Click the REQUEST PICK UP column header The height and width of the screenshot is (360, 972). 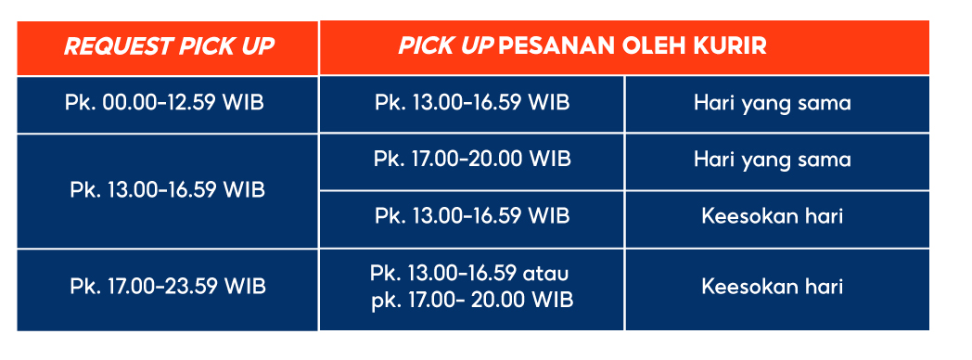coord(169,46)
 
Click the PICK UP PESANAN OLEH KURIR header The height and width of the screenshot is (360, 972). coord(582,46)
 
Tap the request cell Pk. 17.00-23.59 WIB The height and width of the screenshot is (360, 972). coord(168,287)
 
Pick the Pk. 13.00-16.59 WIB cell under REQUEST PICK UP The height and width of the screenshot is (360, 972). coord(168,190)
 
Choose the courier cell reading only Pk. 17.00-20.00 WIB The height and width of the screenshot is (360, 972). coord(472,160)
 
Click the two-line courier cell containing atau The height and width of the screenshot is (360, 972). coord(472,287)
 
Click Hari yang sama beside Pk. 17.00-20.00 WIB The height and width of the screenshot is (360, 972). coord(772,160)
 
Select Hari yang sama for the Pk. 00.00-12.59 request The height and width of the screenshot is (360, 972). coord(772,102)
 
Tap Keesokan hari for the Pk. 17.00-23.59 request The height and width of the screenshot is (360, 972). coord(772,287)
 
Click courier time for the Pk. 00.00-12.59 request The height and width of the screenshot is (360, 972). coord(472,102)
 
